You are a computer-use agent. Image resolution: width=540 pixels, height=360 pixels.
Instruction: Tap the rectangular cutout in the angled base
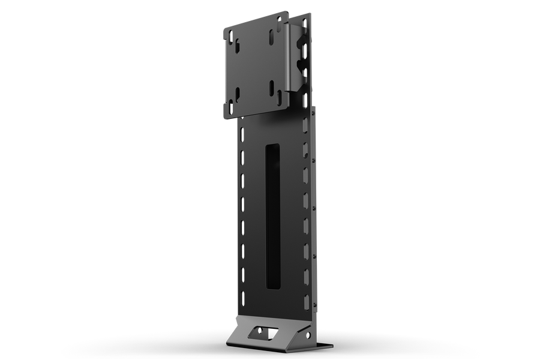pyautogui.click(x=262, y=331)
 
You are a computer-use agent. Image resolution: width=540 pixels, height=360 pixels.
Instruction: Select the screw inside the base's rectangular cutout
pyautogui.click(x=262, y=332)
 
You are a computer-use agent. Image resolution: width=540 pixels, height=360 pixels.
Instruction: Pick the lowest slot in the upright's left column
pyautogui.click(x=242, y=296)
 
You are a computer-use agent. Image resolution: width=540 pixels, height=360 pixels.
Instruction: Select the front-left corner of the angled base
pyautogui.click(x=227, y=341)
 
